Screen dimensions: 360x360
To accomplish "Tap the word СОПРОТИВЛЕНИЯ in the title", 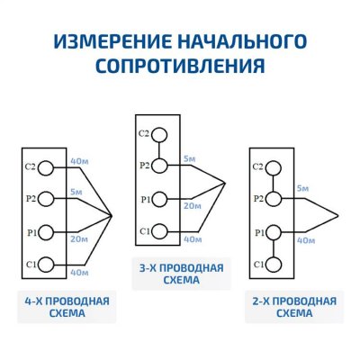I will [180, 66].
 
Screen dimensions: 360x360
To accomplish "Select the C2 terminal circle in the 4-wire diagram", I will [49, 166].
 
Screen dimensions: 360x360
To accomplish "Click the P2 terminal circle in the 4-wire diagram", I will [49, 199].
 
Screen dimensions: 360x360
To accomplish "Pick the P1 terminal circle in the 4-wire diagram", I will [49, 231].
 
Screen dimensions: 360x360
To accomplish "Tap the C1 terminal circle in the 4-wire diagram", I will [49, 264].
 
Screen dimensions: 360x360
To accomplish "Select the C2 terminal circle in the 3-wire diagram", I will [160, 135].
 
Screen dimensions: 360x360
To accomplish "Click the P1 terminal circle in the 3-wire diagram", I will [160, 199].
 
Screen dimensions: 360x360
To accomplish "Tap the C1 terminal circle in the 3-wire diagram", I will [160, 231].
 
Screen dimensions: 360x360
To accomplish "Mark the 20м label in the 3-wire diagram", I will [191, 206].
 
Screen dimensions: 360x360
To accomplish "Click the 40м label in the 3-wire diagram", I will [193, 239].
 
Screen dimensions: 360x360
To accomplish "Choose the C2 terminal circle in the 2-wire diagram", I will [271, 167].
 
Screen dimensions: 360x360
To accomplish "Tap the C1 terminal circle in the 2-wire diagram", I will [271, 264].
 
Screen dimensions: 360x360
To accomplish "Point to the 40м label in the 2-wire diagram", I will [305, 240].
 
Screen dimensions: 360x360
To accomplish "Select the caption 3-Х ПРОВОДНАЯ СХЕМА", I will [180, 273].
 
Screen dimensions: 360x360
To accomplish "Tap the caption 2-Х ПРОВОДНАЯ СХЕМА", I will [292, 307].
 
